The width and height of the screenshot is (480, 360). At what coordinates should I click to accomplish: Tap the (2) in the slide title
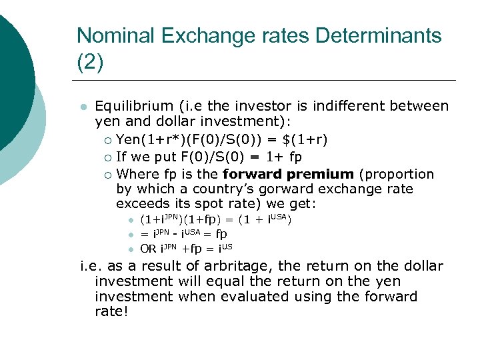(x=90, y=63)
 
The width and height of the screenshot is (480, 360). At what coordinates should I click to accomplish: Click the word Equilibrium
(x=134, y=106)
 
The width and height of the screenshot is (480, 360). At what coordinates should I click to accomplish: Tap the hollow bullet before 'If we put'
(x=107, y=157)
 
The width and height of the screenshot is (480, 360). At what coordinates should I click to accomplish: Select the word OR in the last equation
(x=148, y=249)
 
